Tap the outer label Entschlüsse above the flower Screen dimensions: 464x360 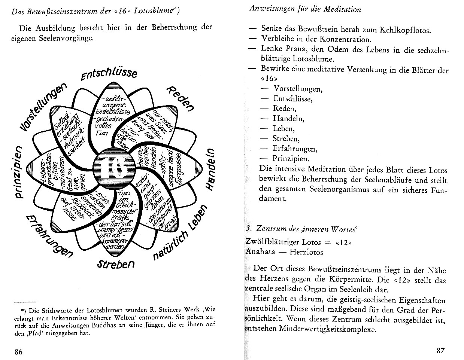coord(109,72)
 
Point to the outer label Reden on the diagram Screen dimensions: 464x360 coord(181,98)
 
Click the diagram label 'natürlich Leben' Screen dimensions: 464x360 coord(180,234)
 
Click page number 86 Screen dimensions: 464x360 coord(19,351)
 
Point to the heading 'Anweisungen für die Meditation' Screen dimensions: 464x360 coord(305,9)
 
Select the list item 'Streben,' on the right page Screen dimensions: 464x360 coord(286,138)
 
